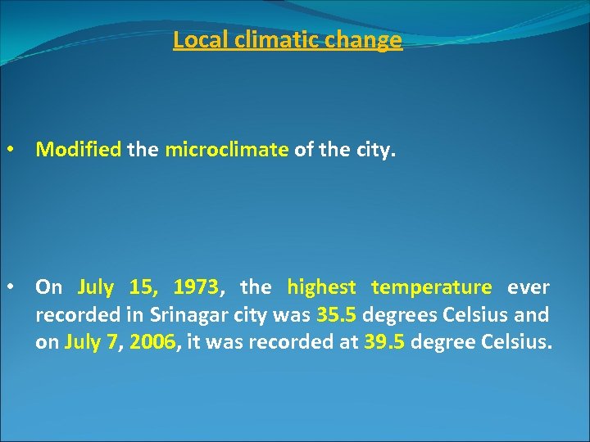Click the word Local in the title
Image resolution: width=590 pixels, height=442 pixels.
[x=194, y=40]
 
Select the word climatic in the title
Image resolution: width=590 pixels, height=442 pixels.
[x=265, y=40]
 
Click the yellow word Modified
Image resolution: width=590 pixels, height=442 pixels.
[x=79, y=150]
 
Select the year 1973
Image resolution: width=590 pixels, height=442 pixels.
[x=195, y=287]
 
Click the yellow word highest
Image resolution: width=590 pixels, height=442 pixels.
[x=321, y=287]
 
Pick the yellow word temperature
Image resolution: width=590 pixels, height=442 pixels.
[x=431, y=287]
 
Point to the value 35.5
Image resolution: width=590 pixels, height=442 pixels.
[x=336, y=315]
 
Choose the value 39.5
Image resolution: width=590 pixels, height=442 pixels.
[x=383, y=342]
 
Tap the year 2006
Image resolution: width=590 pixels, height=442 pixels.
[x=153, y=342]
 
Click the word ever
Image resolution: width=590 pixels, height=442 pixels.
[x=529, y=287]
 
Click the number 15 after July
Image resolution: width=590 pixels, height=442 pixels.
[x=143, y=287]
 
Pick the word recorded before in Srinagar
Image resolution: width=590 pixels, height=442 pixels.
[x=72, y=315]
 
